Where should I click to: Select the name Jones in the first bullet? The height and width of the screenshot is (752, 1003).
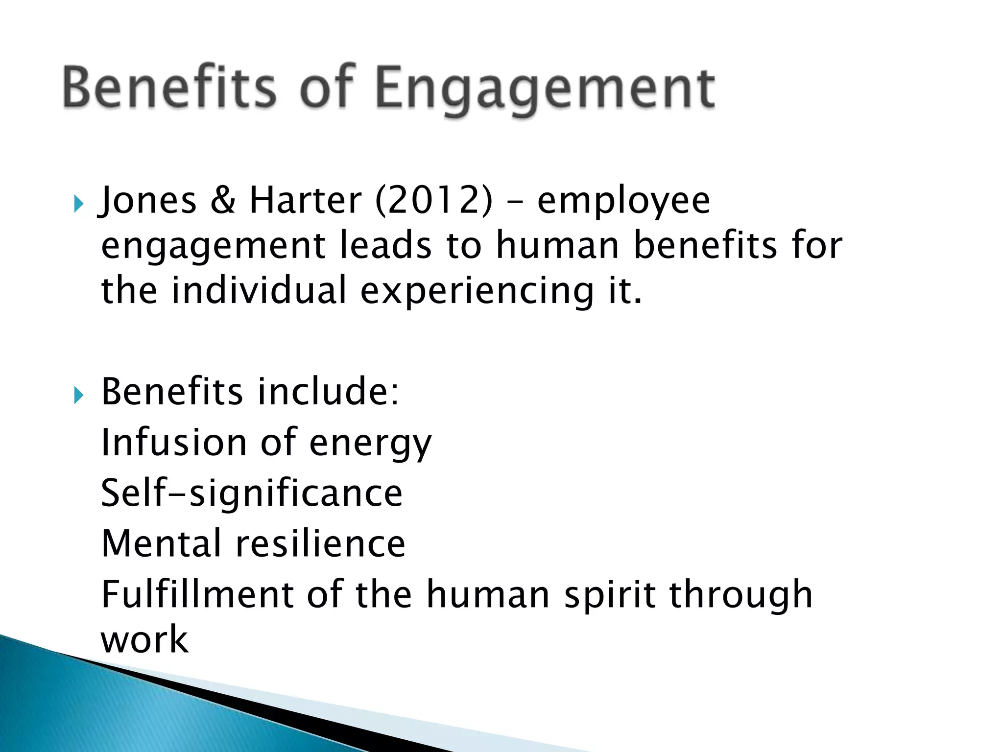(147, 200)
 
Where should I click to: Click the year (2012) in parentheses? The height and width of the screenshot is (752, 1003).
(433, 200)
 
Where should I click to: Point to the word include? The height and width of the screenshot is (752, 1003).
(329, 392)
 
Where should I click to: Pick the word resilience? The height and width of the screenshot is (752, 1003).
(321, 543)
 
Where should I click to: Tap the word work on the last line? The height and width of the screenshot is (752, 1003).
(144, 640)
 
